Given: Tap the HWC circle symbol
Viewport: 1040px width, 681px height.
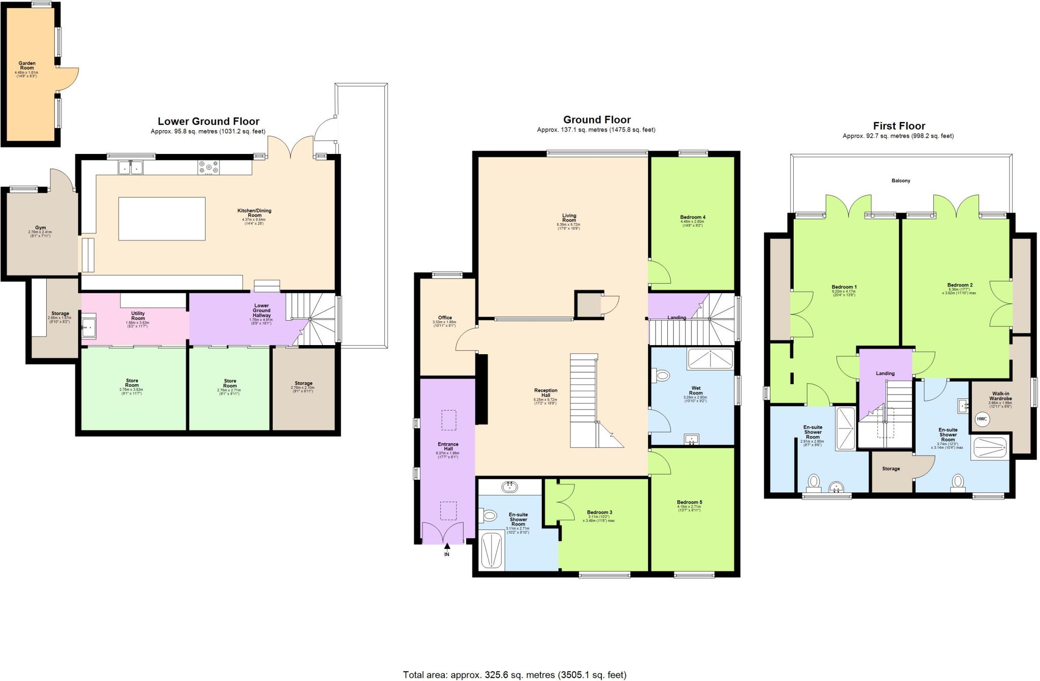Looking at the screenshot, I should click(982, 419).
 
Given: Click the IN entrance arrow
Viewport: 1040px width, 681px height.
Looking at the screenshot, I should click(447, 548).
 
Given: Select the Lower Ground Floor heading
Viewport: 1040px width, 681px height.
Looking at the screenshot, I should click(208, 121).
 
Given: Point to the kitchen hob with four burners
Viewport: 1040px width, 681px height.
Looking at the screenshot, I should click(209, 167).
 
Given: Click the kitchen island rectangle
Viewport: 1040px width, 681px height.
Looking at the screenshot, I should click(162, 219).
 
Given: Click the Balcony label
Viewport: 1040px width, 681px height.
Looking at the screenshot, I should click(901, 181).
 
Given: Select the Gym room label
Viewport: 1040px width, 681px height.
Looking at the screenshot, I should click(40, 228).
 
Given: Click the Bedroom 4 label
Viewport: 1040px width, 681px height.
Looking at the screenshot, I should click(693, 218).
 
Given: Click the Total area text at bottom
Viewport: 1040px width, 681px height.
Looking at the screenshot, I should click(514, 675).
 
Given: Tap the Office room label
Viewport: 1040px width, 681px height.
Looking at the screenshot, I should click(445, 318).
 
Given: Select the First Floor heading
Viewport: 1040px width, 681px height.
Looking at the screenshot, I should click(899, 126).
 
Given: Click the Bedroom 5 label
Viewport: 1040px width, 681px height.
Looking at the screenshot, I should click(689, 503).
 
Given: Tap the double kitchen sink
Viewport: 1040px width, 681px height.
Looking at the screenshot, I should click(131, 167).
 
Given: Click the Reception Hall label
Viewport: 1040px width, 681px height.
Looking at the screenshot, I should click(545, 393).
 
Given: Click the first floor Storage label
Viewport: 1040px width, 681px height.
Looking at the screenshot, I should click(891, 469).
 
